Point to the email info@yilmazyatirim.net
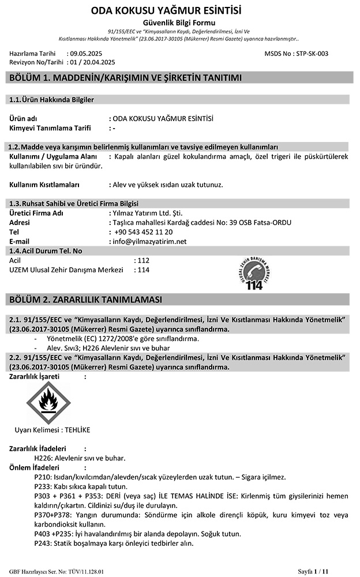[x=151, y=241]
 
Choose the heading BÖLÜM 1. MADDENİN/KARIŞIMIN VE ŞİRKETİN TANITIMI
[x=123, y=78]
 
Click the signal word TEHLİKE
[x=77, y=430]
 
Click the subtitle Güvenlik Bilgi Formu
[x=179, y=21]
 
